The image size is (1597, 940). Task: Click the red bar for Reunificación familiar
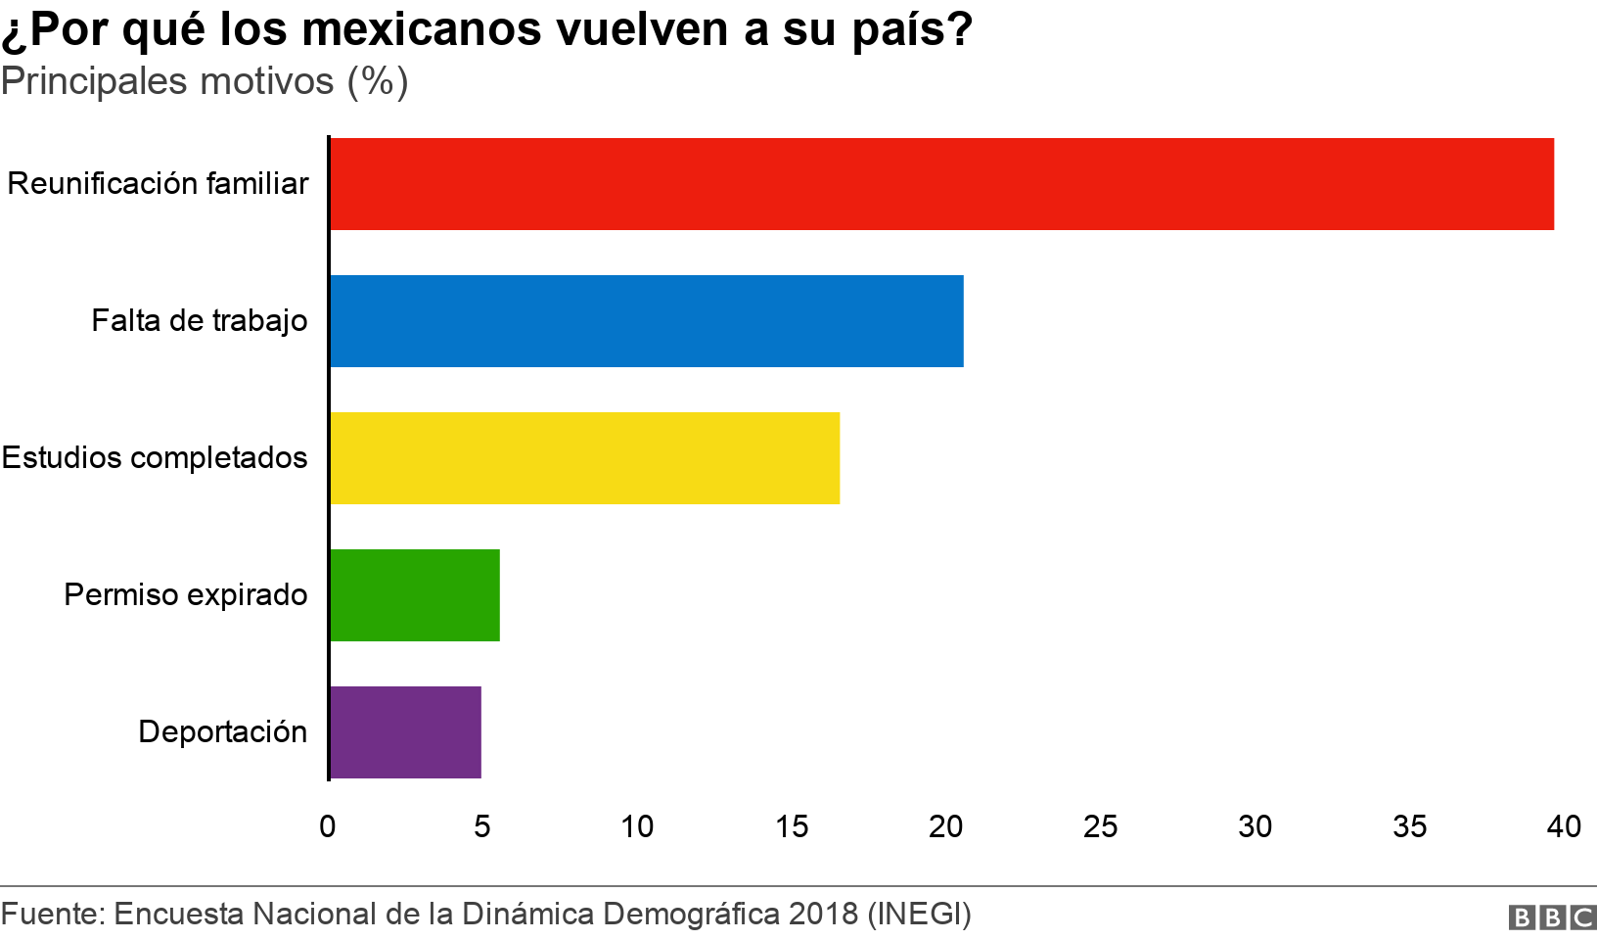[941, 184]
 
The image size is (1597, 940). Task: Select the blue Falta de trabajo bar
[646, 321]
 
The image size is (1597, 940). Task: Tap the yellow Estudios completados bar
[584, 458]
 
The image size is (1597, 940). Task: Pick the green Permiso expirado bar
[415, 595]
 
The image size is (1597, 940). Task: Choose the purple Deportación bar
[405, 732]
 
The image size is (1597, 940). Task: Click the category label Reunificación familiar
[158, 184]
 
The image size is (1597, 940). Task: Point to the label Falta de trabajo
[200, 321]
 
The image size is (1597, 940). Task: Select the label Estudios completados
[155, 458]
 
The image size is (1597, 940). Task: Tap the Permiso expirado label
[186, 595]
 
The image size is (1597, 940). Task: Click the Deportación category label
[223, 732]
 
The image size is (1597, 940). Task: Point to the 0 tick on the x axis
[328, 827]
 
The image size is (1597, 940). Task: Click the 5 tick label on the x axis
[482, 827]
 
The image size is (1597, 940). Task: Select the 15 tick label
[792, 827]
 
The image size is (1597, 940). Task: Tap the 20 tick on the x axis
[946, 827]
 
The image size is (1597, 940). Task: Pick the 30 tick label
[1255, 827]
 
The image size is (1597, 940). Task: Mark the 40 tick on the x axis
[1564, 827]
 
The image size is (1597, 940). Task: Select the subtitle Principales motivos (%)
[205, 81]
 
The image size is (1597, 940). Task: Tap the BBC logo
[1552, 917]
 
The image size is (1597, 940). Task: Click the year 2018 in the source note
[823, 914]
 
